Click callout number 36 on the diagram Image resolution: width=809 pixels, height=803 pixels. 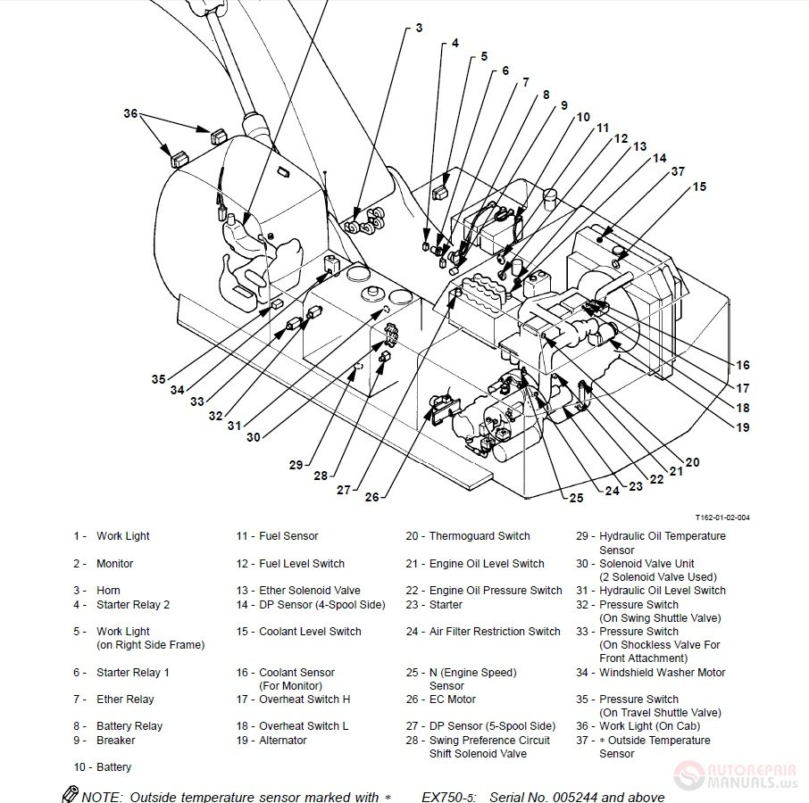tap(130, 113)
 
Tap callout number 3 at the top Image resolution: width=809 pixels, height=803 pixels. tap(419, 29)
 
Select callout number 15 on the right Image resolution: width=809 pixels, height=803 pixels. tap(699, 186)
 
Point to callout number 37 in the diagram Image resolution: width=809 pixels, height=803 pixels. tap(678, 171)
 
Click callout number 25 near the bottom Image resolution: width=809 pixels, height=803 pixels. tap(576, 497)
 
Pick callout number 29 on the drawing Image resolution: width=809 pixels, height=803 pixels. tap(296, 464)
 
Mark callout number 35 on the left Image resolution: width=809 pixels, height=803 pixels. tap(158, 379)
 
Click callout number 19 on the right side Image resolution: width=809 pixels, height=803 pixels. tap(743, 427)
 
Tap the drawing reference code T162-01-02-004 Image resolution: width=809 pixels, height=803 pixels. tap(722, 517)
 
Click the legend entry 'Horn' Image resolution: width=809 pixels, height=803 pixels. tap(108, 591)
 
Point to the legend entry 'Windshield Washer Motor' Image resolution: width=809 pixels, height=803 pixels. tap(662, 673)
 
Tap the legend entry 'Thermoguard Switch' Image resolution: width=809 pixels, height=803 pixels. tap(479, 536)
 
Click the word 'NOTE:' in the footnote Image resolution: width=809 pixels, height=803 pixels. tap(104, 797)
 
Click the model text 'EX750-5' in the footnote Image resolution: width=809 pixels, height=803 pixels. tap(448, 797)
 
